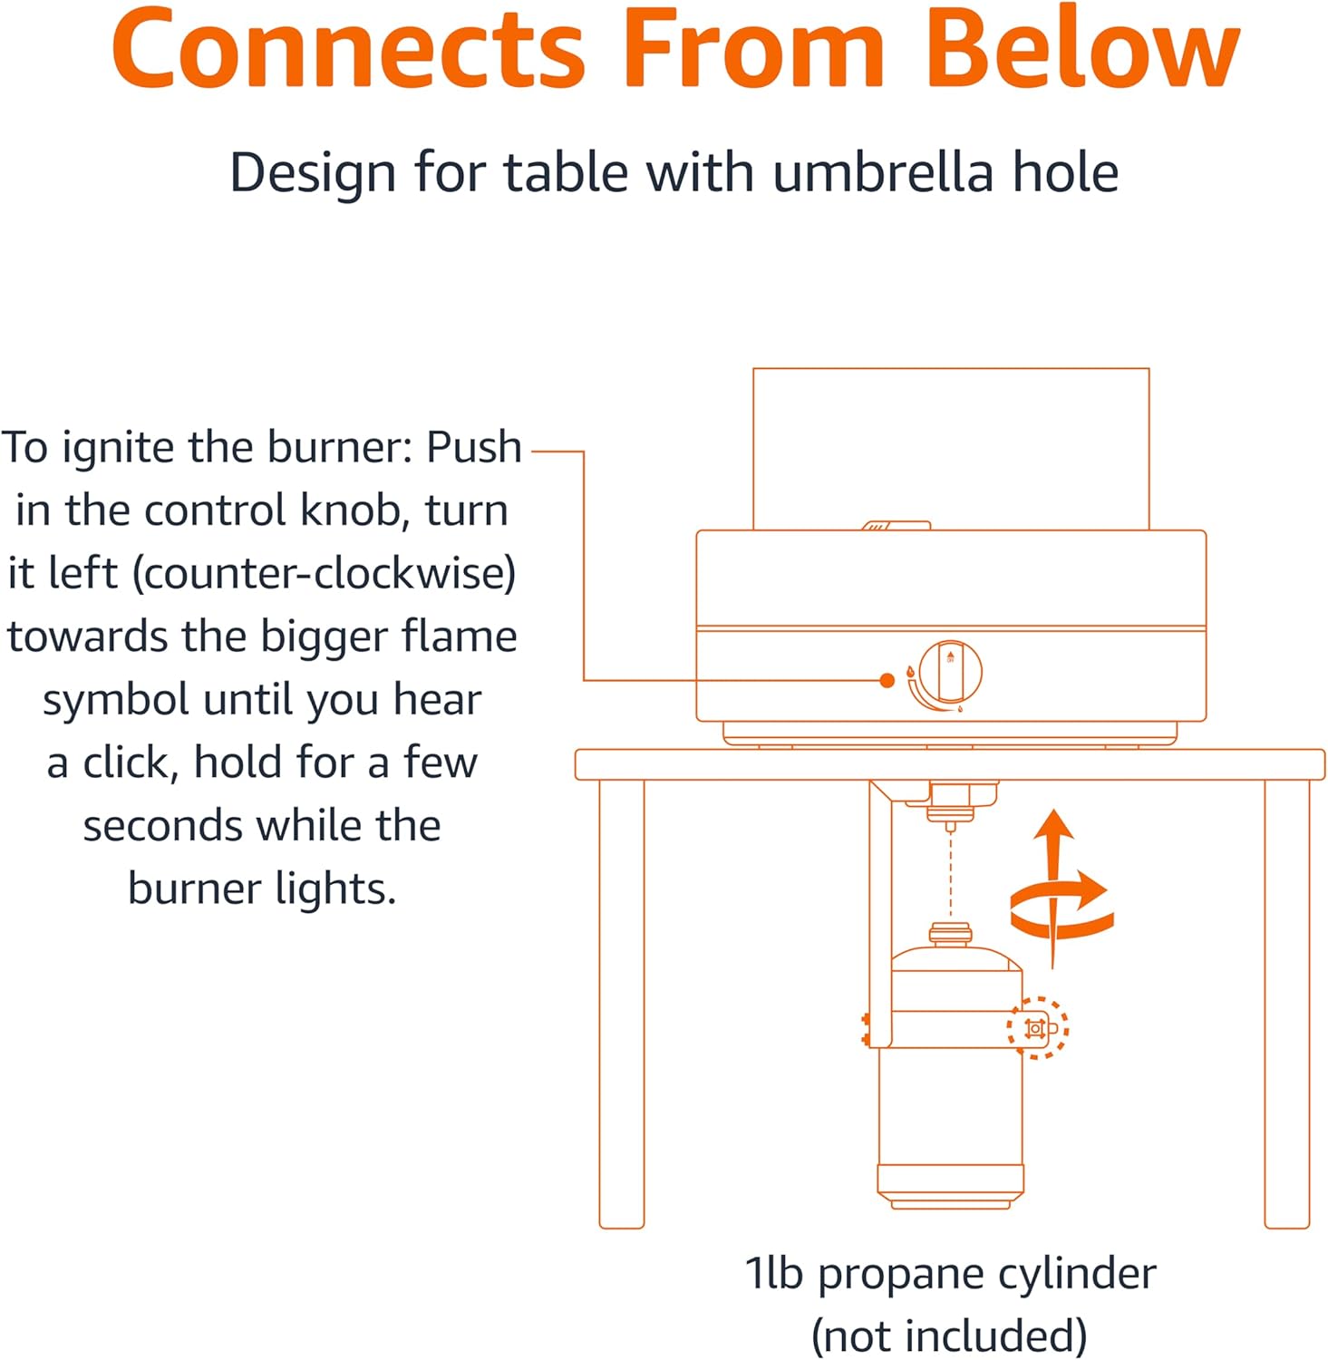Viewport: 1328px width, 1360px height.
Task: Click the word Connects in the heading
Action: click(x=350, y=50)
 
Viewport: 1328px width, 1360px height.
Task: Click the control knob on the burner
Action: click(x=950, y=673)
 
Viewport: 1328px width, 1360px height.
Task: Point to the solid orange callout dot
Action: click(x=887, y=680)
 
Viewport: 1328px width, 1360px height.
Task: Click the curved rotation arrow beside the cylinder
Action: click(x=1061, y=907)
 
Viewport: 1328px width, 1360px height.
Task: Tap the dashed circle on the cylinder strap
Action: click(x=1038, y=1028)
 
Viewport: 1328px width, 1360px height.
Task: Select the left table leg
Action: click(x=622, y=1002)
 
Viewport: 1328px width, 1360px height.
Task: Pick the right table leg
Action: click(x=1287, y=1002)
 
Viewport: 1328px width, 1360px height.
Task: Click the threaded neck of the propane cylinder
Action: click(x=950, y=934)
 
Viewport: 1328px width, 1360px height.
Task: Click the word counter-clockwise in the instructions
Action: click(x=325, y=573)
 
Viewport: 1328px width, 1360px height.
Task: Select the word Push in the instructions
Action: click(x=474, y=448)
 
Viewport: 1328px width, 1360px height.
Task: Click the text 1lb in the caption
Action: click(x=774, y=1273)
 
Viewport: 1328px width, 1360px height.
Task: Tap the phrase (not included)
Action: click(x=949, y=1335)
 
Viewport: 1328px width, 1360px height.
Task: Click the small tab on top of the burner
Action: click(x=896, y=525)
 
